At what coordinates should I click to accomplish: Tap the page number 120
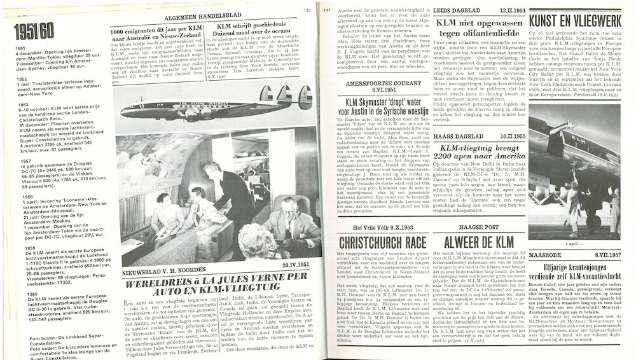point(307,10)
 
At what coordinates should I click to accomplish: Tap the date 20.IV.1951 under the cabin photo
point(294,266)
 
